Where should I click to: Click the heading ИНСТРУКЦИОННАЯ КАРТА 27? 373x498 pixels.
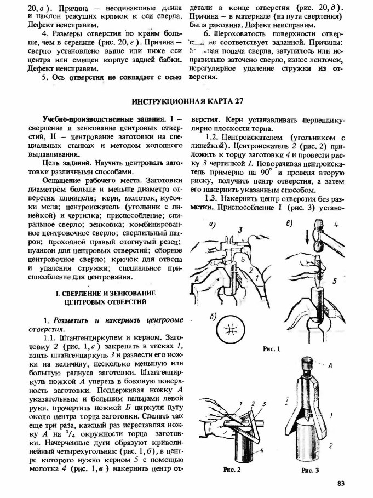187,102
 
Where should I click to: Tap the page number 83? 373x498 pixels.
341,483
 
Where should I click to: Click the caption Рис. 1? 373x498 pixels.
271,348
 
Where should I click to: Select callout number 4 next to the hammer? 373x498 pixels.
338,225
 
